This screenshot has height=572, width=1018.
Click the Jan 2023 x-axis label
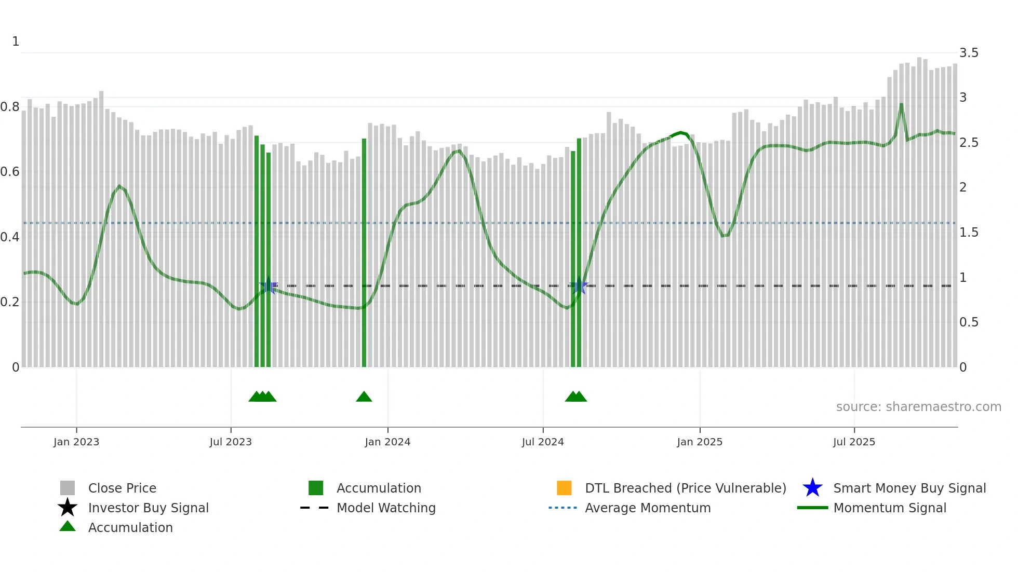pos(76,442)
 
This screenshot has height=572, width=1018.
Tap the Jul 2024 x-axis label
pos(543,442)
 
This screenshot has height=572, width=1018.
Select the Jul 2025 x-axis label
pos(854,442)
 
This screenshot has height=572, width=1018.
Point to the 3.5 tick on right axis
pos(969,53)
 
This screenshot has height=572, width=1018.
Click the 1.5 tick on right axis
pos(969,233)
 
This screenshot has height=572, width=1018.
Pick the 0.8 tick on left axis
pos(10,107)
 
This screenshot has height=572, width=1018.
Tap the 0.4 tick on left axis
pos(10,237)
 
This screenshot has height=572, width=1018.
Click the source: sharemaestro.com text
pos(918,407)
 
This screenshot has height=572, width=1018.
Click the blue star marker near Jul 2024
pos(579,286)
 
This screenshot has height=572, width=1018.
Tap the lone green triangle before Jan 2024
pos(364,397)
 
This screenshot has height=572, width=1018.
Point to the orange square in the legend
pos(564,488)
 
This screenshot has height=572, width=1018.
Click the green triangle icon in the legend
pos(68,526)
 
